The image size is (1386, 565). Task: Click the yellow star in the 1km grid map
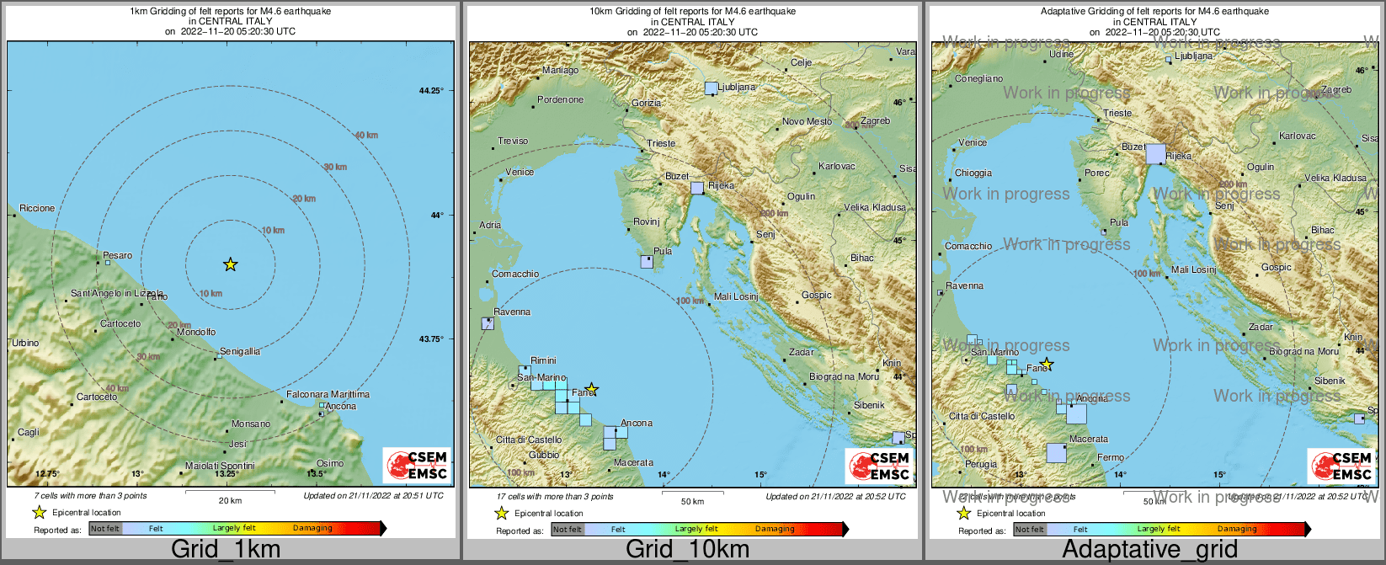click(x=230, y=264)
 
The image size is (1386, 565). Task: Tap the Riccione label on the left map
click(x=37, y=208)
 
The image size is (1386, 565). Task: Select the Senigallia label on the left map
click(x=240, y=351)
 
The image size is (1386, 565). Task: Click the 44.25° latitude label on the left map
click(x=431, y=90)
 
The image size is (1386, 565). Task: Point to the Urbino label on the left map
click(x=25, y=343)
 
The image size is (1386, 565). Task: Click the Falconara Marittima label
click(x=328, y=394)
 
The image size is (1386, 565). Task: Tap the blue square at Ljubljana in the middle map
click(x=711, y=88)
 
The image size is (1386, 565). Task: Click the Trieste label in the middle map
click(x=661, y=143)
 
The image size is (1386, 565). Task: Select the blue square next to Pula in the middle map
click(x=646, y=262)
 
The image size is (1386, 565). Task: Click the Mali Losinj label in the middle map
click(x=736, y=296)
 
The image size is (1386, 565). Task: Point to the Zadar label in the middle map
click(x=801, y=352)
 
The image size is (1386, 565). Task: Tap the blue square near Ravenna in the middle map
click(x=487, y=323)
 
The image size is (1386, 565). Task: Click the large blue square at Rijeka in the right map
click(x=1155, y=153)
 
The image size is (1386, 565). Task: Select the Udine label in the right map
click(x=1061, y=54)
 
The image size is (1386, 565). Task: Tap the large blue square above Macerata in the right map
click(x=1056, y=453)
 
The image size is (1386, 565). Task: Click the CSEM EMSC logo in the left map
click(x=417, y=466)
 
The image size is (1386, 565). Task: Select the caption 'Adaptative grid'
click(x=1149, y=549)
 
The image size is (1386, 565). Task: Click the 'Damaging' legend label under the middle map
click(x=775, y=529)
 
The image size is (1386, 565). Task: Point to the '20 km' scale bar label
click(x=230, y=500)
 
